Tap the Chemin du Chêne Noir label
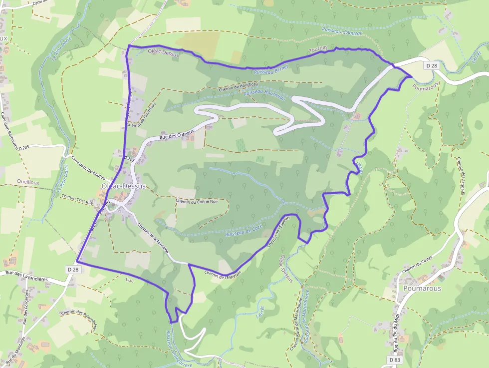click(x=197, y=202)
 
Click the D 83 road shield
click(x=395, y=360)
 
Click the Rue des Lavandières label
click(x=26, y=273)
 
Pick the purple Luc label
click(x=131, y=279)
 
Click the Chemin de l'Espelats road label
click(x=223, y=274)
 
